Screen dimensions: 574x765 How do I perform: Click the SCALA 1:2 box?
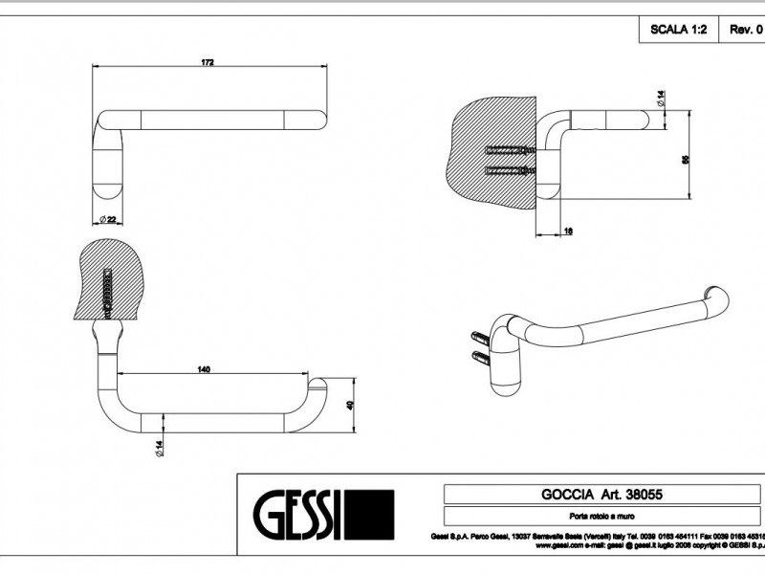tap(679, 30)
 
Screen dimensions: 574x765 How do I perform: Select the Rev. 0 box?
tap(745, 30)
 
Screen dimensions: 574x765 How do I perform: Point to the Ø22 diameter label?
tap(107, 219)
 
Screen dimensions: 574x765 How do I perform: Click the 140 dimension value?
tap(204, 369)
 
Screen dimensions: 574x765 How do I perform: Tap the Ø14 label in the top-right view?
tap(661, 98)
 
